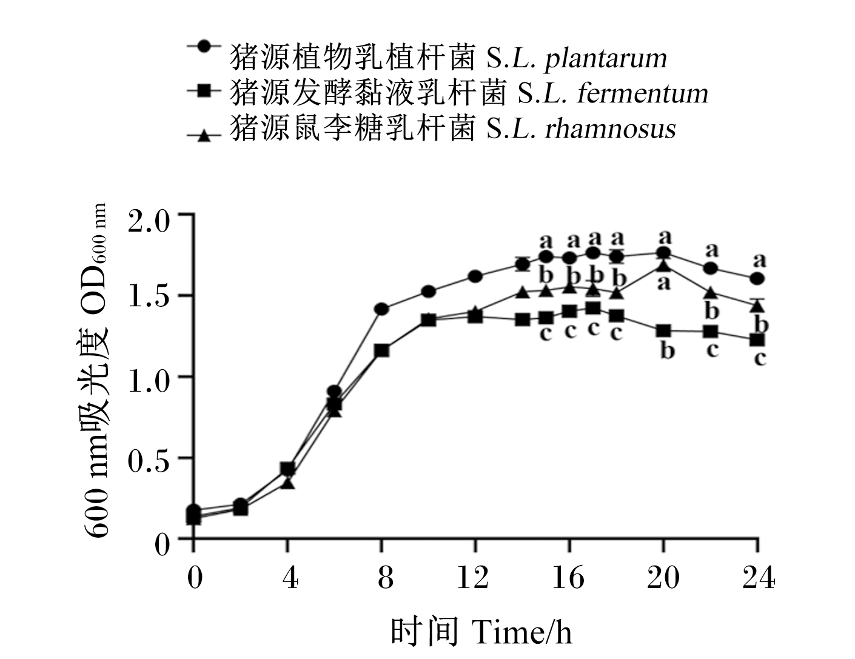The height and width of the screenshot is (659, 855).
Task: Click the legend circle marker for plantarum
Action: pyautogui.click(x=204, y=46)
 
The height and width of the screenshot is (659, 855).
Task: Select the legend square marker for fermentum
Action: pyautogui.click(x=204, y=91)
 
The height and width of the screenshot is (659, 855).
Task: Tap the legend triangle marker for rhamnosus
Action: pyautogui.click(x=204, y=136)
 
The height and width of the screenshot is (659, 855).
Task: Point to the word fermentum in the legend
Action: pyautogui.click(x=643, y=94)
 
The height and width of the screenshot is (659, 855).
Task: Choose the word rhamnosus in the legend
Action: pyautogui.click(x=610, y=129)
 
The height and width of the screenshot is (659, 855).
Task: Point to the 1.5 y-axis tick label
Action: pyautogui.click(x=149, y=296)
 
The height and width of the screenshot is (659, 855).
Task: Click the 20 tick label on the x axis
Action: pyautogui.click(x=663, y=578)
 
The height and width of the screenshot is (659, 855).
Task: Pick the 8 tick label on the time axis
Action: pyautogui.click(x=385, y=578)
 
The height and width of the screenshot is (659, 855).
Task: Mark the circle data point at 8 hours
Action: pyautogui.click(x=381, y=309)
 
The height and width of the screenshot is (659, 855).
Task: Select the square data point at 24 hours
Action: pyautogui.click(x=757, y=340)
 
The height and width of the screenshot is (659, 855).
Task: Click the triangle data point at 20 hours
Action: pyautogui.click(x=664, y=266)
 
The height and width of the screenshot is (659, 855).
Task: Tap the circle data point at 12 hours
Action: pyautogui.click(x=475, y=276)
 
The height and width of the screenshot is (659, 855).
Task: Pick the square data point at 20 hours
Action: pyautogui.click(x=664, y=331)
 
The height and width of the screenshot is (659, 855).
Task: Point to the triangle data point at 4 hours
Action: pyautogui.click(x=288, y=483)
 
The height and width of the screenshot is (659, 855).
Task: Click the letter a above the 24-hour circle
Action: pyautogui.click(x=760, y=260)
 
